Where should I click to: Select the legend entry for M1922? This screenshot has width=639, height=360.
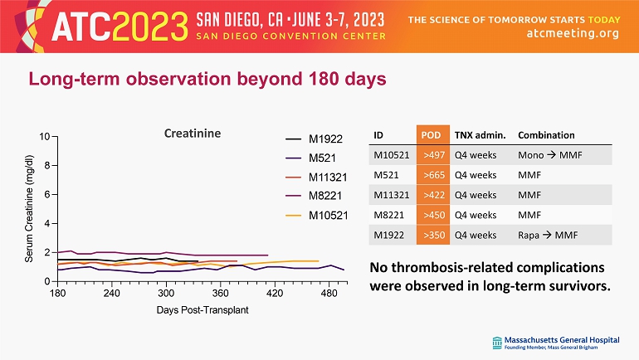point(324,139)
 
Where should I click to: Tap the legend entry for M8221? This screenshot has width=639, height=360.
point(324,197)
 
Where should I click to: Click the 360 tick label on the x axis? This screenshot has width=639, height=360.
point(221,294)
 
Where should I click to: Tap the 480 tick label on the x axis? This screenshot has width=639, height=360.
point(329,294)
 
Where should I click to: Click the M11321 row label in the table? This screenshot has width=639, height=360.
point(390,195)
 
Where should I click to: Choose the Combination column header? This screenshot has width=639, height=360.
point(546,135)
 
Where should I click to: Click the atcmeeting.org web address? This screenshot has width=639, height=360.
point(573,33)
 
